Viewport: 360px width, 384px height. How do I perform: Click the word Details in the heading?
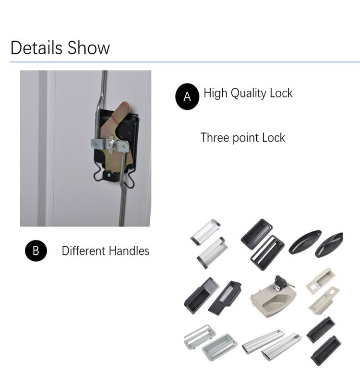[x=36, y=48]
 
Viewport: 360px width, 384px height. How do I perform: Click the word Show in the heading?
[x=89, y=48]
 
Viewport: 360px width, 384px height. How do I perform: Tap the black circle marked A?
[x=187, y=96]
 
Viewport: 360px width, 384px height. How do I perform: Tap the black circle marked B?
[x=36, y=251]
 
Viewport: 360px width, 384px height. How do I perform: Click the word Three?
[x=215, y=137]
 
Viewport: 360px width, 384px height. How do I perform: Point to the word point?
[x=246, y=138]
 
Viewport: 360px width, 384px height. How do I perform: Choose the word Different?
[x=84, y=251]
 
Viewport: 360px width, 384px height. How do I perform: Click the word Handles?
[x=129, y=251]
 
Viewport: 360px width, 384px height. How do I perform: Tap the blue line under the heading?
[x=185, y=62]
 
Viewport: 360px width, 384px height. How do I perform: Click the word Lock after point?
[x=274, y=137]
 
